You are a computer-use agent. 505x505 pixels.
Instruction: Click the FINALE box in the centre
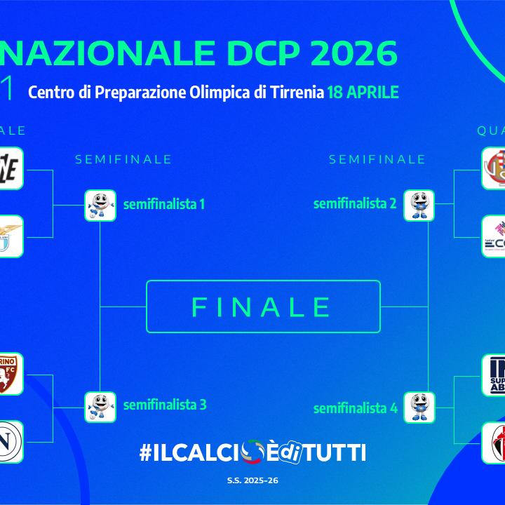pyautogui.click(x=263, y=307)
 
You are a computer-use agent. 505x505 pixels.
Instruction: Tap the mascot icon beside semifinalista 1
pyautogui.click(x=100, y=206)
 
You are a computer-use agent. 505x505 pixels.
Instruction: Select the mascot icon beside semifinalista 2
pyautogui.click(x=419, y=206)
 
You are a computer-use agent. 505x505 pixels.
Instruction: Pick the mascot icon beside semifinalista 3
pyautogui.click(x=100, y=407)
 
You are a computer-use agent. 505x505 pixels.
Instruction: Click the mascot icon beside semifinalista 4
pyautogui.click(x=419, y=407)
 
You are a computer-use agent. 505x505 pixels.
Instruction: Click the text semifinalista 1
pyautogui.click(x=164, y=205)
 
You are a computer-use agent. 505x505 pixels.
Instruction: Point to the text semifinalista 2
pyautogui.click(x=355, y=204)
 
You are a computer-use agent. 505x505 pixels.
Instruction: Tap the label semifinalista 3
pyautogui.click(x=164, y=404)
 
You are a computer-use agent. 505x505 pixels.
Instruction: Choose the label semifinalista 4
pyautogui.click(x=355, y=408)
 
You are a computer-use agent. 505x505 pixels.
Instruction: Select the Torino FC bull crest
pyautogui.click(x=8, y=374)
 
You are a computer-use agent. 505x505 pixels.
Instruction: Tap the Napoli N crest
pyautogui.click(x=8, y=442)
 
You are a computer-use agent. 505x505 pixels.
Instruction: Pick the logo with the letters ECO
pyautogui.click(x=494, y=236)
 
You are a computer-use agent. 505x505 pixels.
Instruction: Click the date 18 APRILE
pyautogui.click(x=363, y=93)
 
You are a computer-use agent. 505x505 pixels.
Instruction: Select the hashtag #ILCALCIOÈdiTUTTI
pyautogui.click(x=252, y=452)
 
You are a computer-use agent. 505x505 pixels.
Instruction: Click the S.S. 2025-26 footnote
pyautogui.click(x=252, y=481)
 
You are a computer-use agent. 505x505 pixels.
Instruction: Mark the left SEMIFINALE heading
pyautogui.click(x=123, y=159)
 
